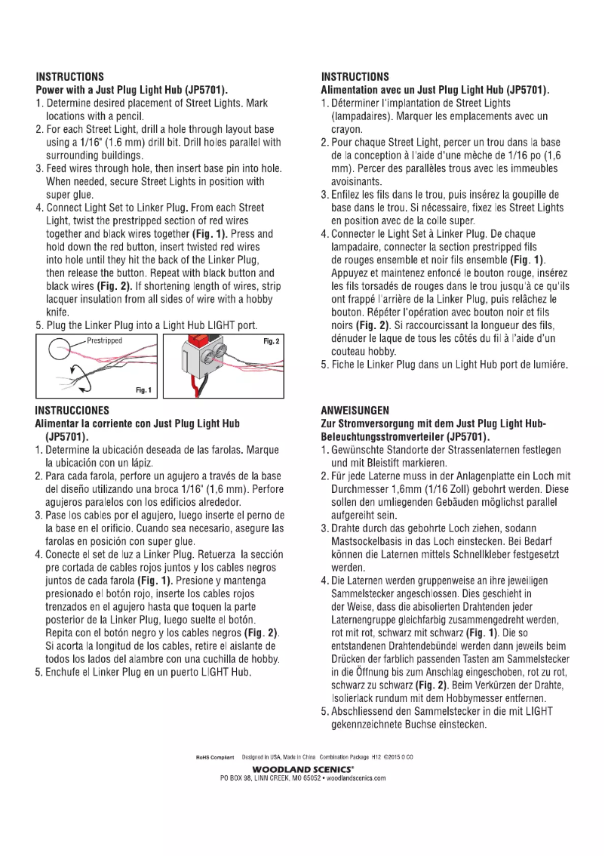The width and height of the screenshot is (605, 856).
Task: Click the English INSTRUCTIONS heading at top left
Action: (x=70, y=77)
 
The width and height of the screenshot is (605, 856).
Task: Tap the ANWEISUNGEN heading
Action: (x=355, y=411)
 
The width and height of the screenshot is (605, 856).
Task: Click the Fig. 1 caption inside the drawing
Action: (x=143, y=390)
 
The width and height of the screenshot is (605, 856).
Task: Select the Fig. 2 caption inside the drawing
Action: (x=272, y=342)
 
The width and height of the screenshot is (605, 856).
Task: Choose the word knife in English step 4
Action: (x=57, y=313)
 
